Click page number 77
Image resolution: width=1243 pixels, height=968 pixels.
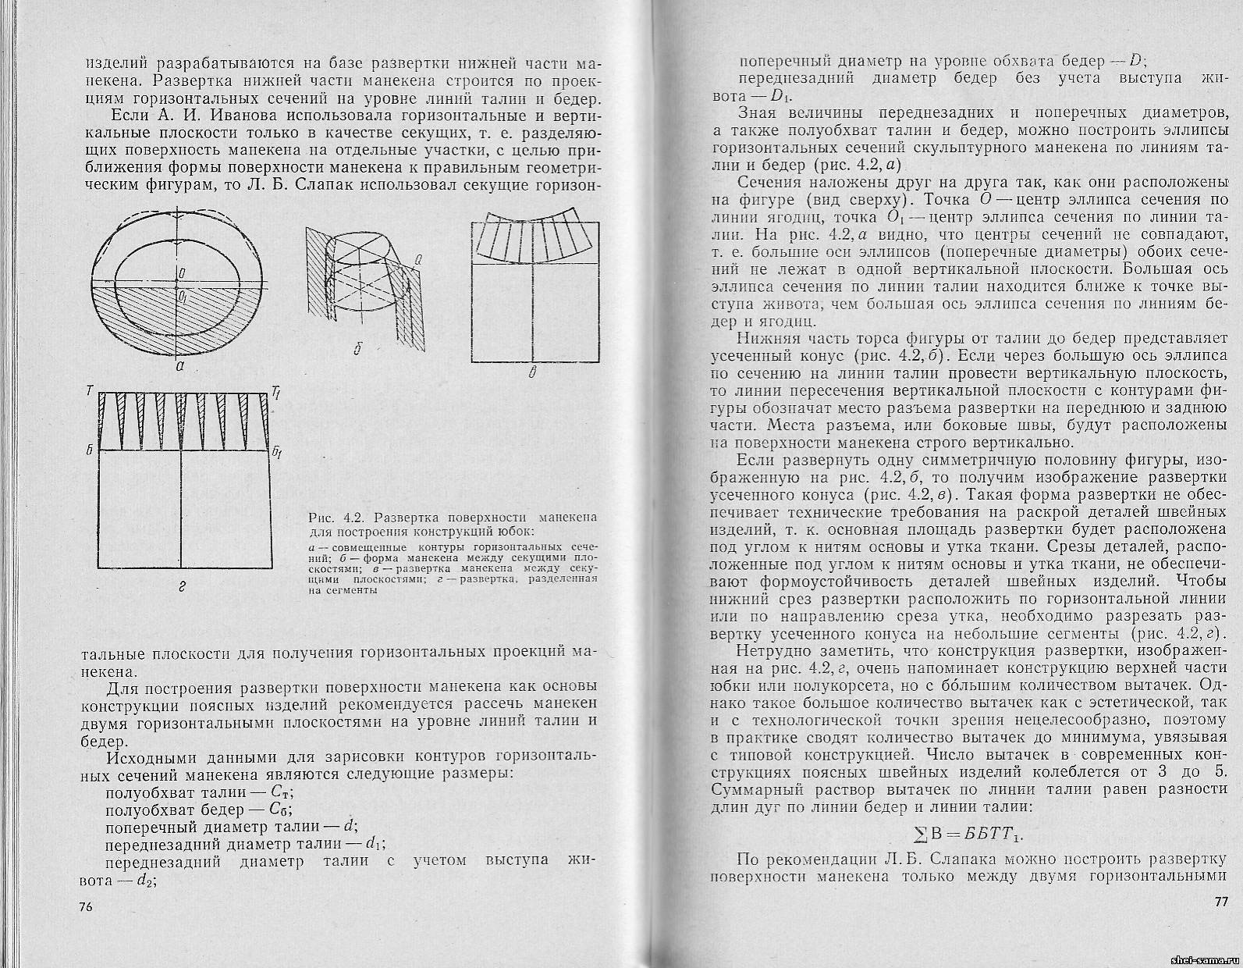coord(1223,902)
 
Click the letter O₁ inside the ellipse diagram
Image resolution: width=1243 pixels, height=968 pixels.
coord(182,297)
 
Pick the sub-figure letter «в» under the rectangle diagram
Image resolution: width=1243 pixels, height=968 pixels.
coord(532,373)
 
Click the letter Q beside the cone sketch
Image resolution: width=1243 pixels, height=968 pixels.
coord(418,260)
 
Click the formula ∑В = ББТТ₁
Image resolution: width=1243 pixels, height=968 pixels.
coord(967,832)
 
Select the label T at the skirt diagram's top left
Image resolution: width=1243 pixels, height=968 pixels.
coord(91,390)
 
